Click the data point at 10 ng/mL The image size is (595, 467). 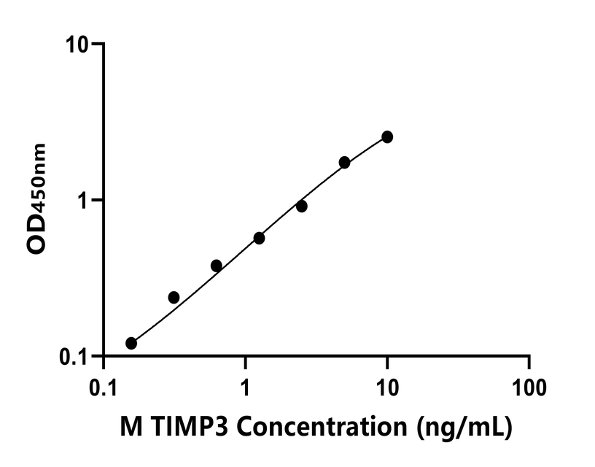[387, 137]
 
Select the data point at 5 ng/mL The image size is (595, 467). [344, 162]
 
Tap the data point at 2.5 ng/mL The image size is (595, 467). [301, 207]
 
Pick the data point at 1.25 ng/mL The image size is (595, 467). [259, 238]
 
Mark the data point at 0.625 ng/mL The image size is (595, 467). [216, 266]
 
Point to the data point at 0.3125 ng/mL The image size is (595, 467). [174, 297]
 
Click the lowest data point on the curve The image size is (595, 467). [131, 343]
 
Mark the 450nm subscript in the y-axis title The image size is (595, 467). [39, 176]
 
